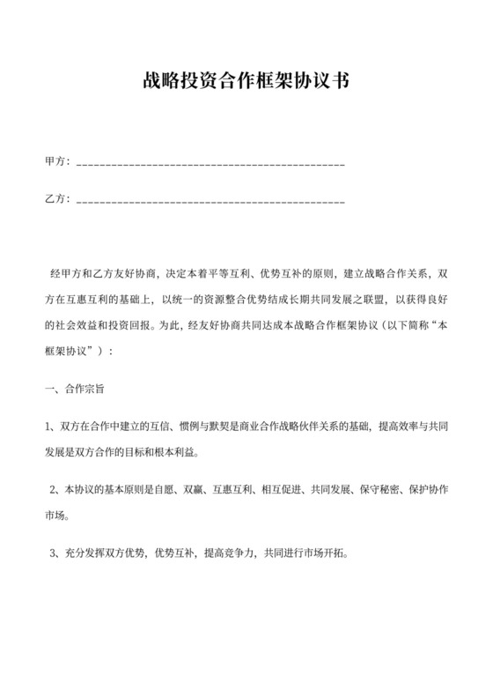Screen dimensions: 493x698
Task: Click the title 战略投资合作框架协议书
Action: click(x=246, y=82)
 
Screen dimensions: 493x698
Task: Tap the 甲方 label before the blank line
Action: click(x=56, y=163)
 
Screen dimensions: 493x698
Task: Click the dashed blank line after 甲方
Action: click(x=211, y=164)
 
